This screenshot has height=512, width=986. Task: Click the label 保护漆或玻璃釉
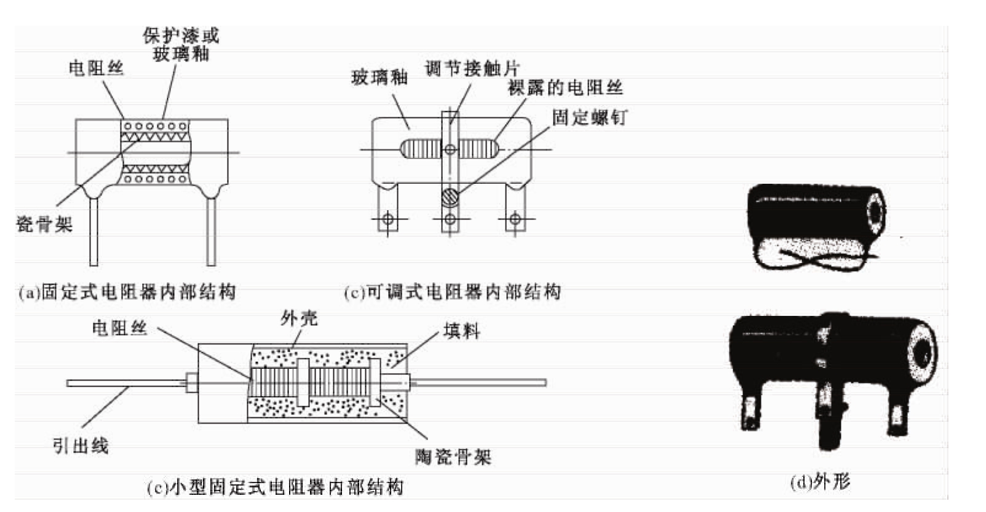pos(180,44)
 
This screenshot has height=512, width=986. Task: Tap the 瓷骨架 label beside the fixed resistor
pos(44,224)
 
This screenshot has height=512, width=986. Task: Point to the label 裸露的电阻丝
pos(565,87)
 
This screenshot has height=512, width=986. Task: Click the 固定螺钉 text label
pos(589,117)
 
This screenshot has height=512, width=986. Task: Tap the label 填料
pos(461,331)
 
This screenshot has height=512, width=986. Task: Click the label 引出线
pos(80,445)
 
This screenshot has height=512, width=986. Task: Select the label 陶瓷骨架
pos(453,457)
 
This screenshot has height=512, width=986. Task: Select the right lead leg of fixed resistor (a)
pos(211,230)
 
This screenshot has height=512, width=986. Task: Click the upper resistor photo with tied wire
pos(815,224)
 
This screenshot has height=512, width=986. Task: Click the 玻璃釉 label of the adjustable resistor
pos(379,77)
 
